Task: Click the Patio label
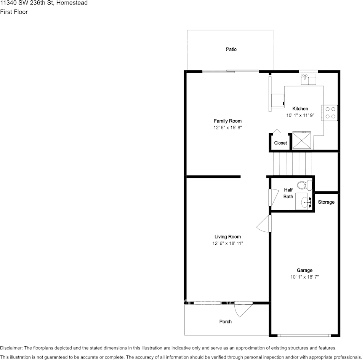(x=231, y=49)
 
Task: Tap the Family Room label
(x=227, y=121)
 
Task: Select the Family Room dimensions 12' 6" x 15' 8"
(x=227, y=128)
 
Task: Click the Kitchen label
(x=300, y=109)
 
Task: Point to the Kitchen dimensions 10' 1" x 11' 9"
(x=300, y=115)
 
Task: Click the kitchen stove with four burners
(x=330, y=113)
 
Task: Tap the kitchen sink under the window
(x=308, y=79)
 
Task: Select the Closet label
(x=280, y=143)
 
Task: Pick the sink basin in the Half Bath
(x=305, y=202)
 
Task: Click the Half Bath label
(x=288, y=193)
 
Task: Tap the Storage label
(x=326, y=202)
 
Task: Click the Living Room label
(x=227, y=237)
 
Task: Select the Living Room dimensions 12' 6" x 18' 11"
(x=227, y=244)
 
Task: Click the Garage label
(x=304, y=271)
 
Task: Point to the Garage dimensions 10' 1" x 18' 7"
(x=304, y=277)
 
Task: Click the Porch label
(x=225, y=322)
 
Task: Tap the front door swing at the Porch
(x=242, y=309)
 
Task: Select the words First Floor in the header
(x=14, y=12)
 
